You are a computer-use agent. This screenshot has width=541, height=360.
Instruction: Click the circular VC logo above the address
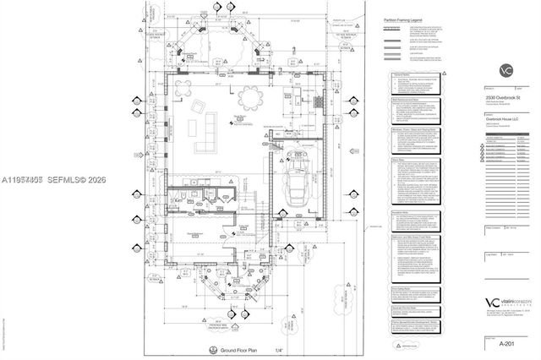(504, 71)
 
